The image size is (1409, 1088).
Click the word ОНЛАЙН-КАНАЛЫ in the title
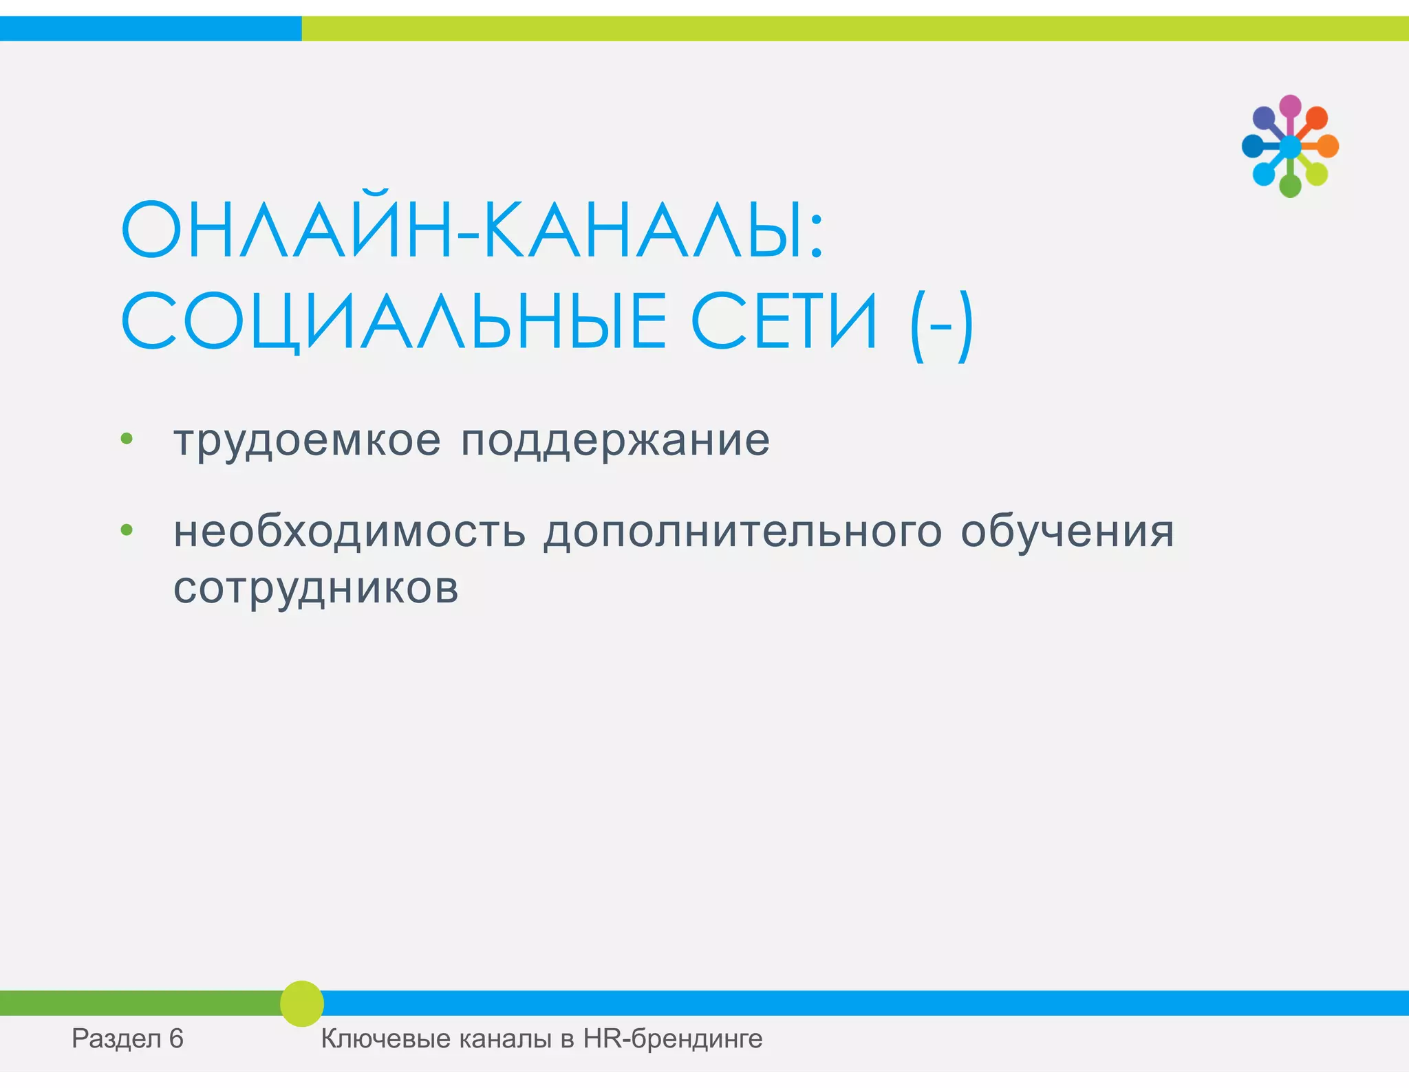click(x=472, y=230)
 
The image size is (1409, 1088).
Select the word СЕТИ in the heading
click(x=784, y=321)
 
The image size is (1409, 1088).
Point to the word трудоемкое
click(x=307, y=440)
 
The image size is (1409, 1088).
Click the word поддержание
click(x=615, y=440)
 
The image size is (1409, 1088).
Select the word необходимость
click(x=349, y=532)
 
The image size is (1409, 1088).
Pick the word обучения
click(x=1067, y=532)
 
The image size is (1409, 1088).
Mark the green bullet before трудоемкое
click(x=127, y=439)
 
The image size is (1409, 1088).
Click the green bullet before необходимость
click(x=127, y=530)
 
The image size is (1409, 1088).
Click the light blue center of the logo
click(x=1290, y=146)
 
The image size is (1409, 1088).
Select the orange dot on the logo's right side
click(x=1328, y=146)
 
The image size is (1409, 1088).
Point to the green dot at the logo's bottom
click(x=1290, y=186)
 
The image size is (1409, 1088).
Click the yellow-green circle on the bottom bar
click(x=301, y=1003)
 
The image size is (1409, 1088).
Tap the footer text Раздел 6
click(x=128, y=1038)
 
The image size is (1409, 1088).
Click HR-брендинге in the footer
click(x=673, y=1038)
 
